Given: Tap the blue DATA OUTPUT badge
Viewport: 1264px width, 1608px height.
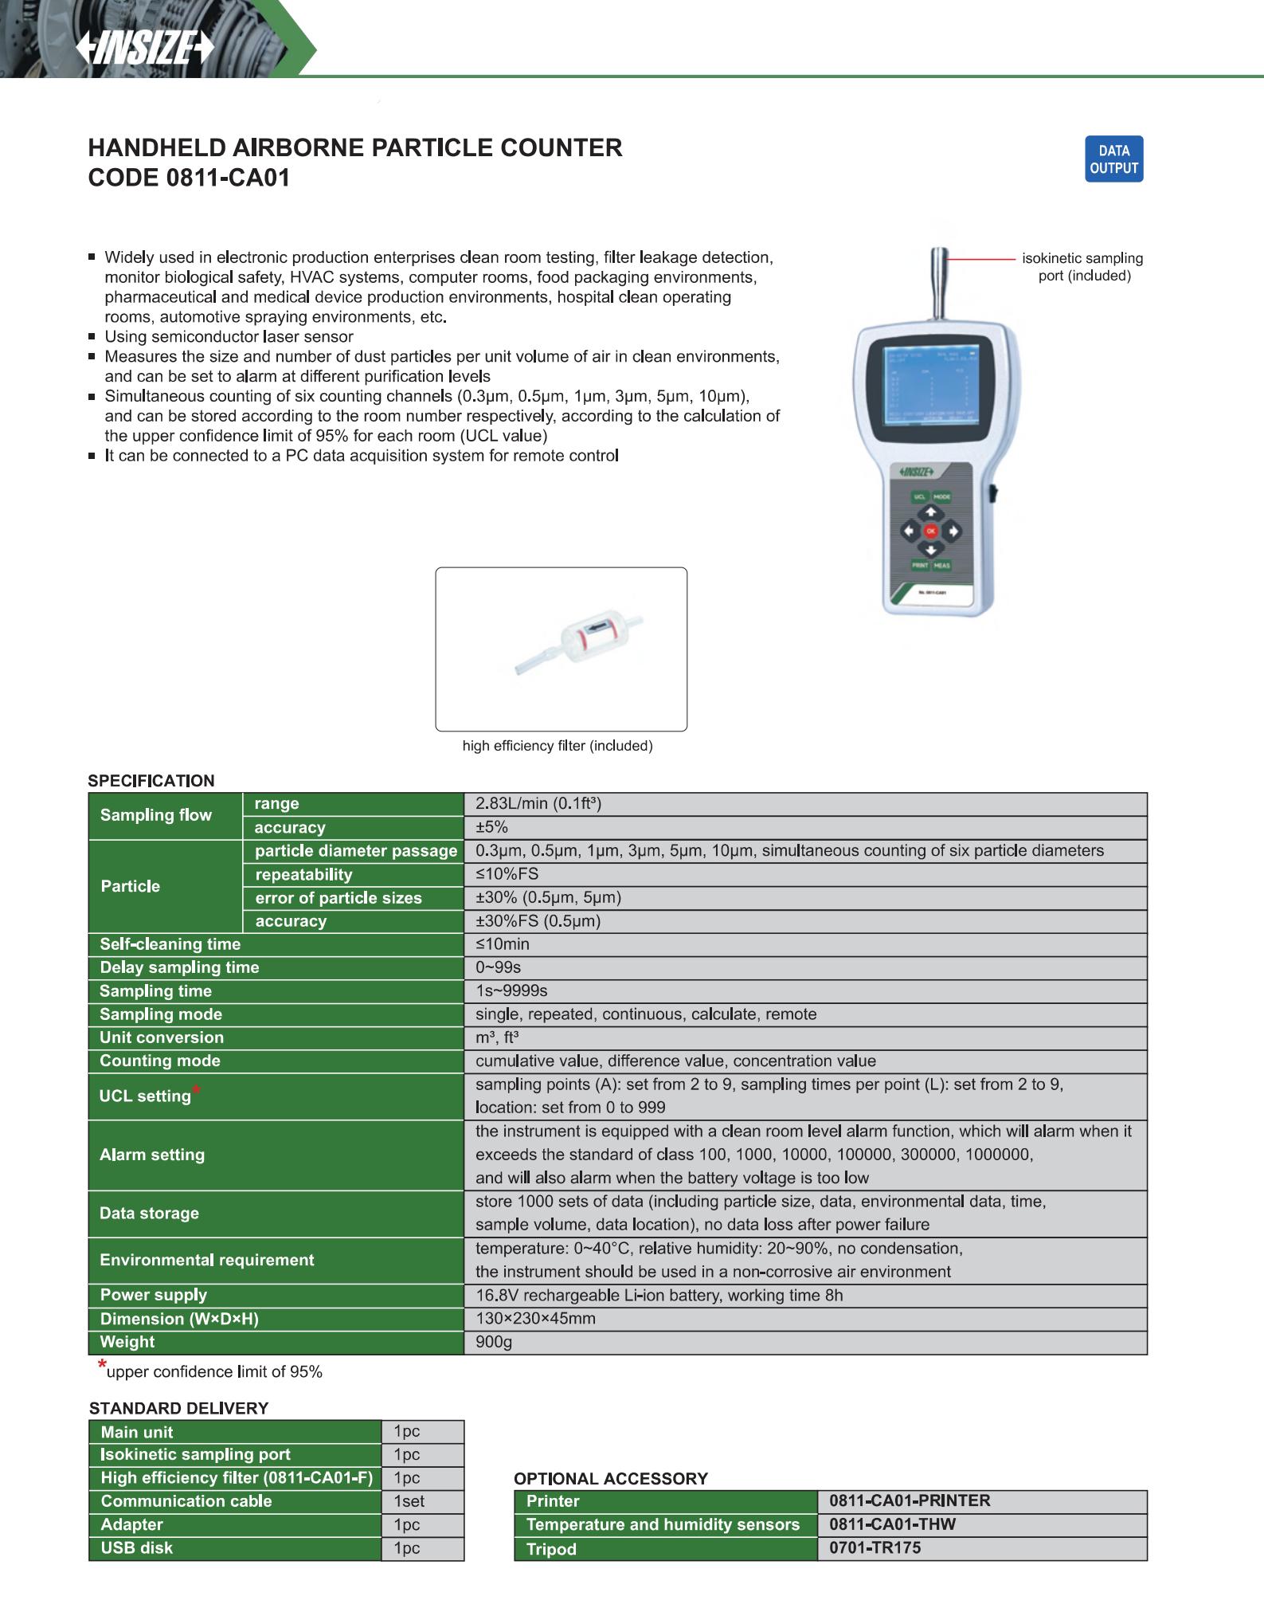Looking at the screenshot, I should [x=1113, y=159].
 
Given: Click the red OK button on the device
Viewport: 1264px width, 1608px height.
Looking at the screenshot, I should [x=930, y=531].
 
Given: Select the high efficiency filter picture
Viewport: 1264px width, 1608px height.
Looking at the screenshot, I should [x=561, y=648].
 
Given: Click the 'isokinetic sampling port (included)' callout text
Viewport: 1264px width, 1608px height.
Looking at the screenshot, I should [x=1083, y=267].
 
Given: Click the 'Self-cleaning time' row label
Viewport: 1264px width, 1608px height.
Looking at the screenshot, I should [x=170, y=944].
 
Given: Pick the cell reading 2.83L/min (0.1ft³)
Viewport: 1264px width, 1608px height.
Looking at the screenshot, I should [x=538, y=804].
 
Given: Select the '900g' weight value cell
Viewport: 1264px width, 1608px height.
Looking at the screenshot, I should [x=494, y=1342].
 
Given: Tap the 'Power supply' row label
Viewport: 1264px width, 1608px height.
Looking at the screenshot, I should [x=153, y=1295].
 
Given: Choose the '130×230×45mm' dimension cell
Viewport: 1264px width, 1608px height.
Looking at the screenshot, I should [x=535, y=1318].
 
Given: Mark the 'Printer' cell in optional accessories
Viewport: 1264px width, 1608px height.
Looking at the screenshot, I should [x=553, y=1501].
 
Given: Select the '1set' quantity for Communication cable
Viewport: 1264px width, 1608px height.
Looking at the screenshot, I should [x=409, y=1501].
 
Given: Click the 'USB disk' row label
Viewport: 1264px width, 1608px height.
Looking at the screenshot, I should [x=137, y=1547].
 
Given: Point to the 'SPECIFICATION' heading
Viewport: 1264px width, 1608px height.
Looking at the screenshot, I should [x=151, y=781].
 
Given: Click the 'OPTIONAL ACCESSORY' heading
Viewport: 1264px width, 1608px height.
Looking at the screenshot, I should [x=611, y=1479].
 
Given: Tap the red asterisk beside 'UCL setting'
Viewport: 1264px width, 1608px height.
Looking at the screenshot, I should [x=196, y=1090].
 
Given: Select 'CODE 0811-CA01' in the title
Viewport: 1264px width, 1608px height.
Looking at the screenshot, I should [x=189, y=178].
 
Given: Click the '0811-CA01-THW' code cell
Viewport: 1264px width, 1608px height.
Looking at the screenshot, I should [x=892, y=1524].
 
